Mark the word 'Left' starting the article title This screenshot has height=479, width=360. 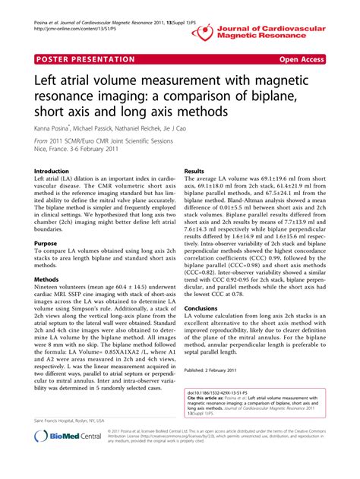48,79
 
